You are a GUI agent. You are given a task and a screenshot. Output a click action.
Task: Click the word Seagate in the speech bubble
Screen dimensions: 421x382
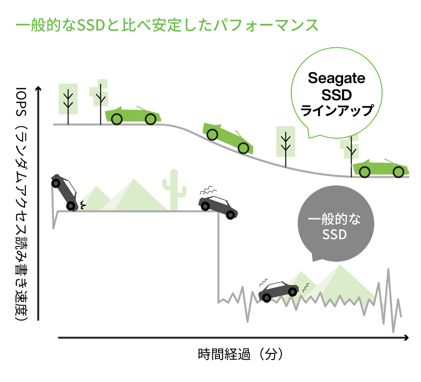[x=336, y=78]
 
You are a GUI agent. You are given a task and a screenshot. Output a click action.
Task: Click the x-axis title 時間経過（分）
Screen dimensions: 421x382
[x=240, y=354]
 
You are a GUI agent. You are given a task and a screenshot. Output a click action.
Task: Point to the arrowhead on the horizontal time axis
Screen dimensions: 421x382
[x=406, y=338]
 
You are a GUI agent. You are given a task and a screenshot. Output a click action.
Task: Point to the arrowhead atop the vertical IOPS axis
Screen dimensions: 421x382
[x=38, y=89]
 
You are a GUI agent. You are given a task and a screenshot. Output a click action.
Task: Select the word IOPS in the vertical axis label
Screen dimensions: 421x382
[x=21, y=101]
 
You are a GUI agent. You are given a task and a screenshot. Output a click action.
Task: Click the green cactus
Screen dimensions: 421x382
[x=174, y=190]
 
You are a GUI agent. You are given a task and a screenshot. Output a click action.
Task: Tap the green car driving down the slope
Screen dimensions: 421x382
[x=228, y=138]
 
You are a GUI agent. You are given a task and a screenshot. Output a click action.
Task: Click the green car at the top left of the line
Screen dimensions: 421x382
[x=133, y=115]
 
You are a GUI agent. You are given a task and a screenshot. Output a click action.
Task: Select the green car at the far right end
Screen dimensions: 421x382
[x=381, y=169]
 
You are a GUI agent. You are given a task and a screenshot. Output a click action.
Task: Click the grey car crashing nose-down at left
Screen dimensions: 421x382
[x=65, y=192]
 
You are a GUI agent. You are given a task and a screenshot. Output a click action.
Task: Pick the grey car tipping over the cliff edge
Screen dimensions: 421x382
[x=218, y=207]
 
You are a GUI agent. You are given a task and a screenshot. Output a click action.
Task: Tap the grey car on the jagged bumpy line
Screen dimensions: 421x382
[x=278, y=291]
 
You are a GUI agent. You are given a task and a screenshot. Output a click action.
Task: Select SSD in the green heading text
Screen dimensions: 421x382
[x=91, y=25]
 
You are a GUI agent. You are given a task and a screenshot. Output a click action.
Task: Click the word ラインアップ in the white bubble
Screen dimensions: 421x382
[x=337, y=110]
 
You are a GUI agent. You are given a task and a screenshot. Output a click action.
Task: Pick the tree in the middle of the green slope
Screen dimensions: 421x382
[x=286, y=147]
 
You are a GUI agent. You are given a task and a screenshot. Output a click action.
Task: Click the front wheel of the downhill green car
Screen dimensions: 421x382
[x=243, y=148]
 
